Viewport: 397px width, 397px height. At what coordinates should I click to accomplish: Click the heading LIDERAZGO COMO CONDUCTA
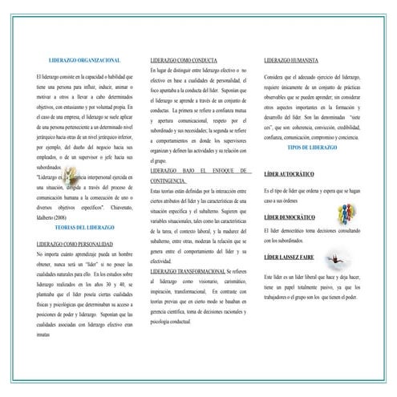184,60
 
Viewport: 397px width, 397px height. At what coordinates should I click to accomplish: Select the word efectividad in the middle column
160,261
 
